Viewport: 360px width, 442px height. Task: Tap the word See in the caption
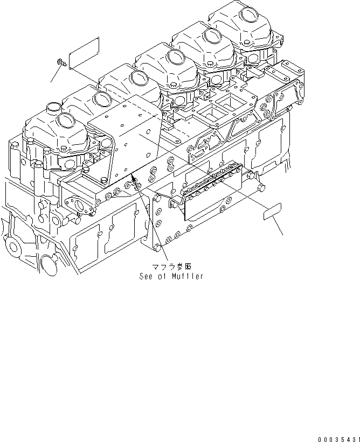tap(147, 277)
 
